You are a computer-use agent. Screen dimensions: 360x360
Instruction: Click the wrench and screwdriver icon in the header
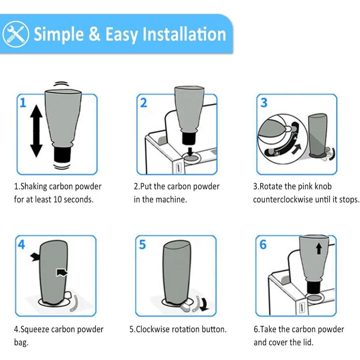click(x=16, y=34)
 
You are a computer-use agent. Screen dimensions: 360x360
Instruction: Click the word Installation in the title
click(x=184, y=34)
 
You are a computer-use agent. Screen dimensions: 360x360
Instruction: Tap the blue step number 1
click(x=23, y=103)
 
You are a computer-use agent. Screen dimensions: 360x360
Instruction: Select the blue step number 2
click(x=144, y=103)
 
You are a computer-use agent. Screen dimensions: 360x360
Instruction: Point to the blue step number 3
click(x=264, y=103)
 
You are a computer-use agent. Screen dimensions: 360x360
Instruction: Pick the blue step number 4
click(x=21, y=244)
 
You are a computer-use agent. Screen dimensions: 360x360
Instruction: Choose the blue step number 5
click(x=142, y=244)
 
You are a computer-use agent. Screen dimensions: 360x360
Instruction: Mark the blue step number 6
click(x=263, y=244)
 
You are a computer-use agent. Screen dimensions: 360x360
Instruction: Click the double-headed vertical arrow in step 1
click(x=36, y=131)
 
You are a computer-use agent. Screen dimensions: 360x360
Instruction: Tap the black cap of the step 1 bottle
click(x=62, y=155)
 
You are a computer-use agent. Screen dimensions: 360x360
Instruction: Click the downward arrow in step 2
click(x=190, y=151)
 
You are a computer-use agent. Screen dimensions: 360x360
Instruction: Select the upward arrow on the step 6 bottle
click(x=319, y=249)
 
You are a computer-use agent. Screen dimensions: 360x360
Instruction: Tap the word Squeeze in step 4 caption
click(x=34, y=330)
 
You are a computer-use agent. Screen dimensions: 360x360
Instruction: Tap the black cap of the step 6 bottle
click(x=313, y=288)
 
